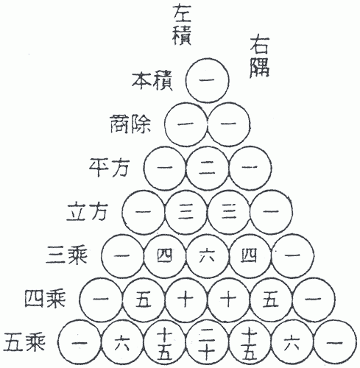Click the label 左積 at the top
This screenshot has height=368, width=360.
(182, 25)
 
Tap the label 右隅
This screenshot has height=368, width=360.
(260, 57)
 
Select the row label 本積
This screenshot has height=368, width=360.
(152, 81)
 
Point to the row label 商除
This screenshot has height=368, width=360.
(130, 124)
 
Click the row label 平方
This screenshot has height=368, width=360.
(109, 168)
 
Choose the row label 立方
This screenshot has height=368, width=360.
(87, 211)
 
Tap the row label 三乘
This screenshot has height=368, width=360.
(66, 255)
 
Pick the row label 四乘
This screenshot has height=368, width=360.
(45, 299)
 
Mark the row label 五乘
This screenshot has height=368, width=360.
(24, 342)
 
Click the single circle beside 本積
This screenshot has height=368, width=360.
(208, 80)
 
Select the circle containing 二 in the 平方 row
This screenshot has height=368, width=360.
(208, 168)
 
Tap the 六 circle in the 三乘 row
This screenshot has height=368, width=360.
(208, 256)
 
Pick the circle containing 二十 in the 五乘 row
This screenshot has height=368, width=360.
(208, 342)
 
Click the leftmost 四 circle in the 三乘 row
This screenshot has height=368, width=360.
(165, 256)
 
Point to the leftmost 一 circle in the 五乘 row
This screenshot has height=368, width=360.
(80, 342)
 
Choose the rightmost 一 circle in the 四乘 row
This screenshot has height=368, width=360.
(314, 300)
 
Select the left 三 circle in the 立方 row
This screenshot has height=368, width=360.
(186, 212)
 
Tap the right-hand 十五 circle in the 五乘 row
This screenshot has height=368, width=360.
(250, 342)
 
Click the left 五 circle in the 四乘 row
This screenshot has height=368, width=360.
(144, 300)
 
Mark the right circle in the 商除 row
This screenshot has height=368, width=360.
(229, 124)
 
